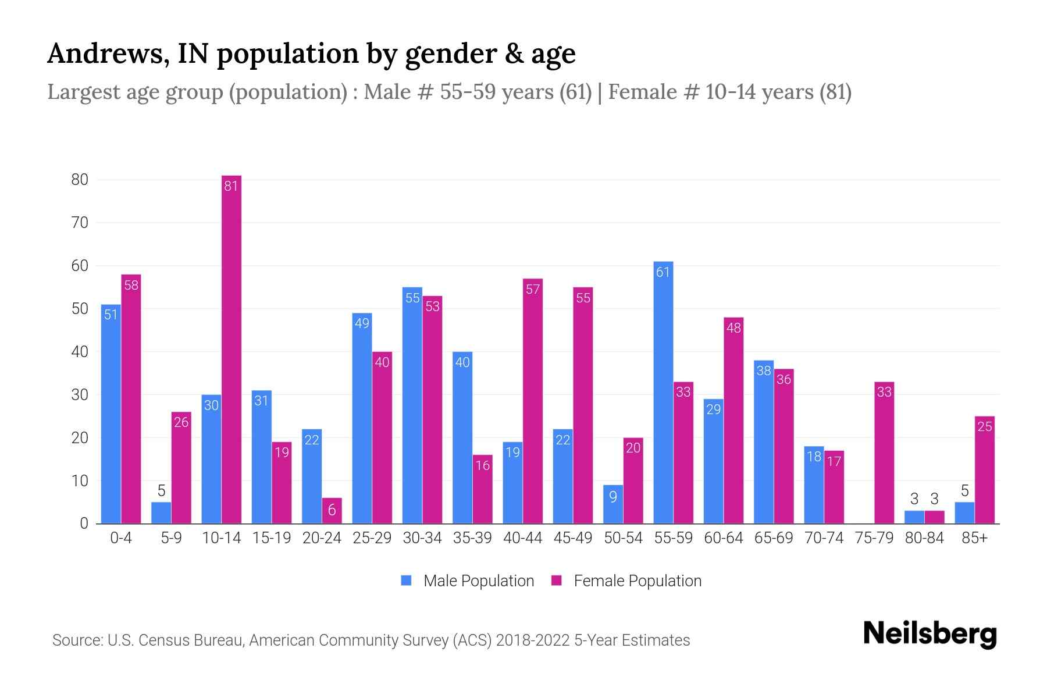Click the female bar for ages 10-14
pyautogui.click(x=232, y=349)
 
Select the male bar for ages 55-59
pyautogui.click(x=663, y=393)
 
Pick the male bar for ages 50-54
pyautogui.click(x=613, y=504)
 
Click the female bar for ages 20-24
pyautogui.click(x=332, y=511)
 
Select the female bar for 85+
pyautogui.click(x=985, y=470)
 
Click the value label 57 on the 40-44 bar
pyautogui.click(x=533, y=290)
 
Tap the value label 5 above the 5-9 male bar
pyautogui.click(x=162, y=490)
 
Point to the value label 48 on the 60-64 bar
pyautogui.click(x=733, y=328)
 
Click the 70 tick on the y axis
pyautogui.click(x=80, y=223)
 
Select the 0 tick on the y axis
pyautogui.click(x=84, y=523)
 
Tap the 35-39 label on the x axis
pyautogui.click(x=472, y=538)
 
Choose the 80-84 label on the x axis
pyautogui.click(x=924, y=538)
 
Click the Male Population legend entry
pyautogui.click(x=468, y=581)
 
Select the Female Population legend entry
pyautogui.click(x=627, y=581)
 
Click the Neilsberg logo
pyautogui.click(x=930, y=634)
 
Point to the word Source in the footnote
pyautogui.click(x=76, y=640)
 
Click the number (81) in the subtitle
pyautogui.click(x=835, y=92)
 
